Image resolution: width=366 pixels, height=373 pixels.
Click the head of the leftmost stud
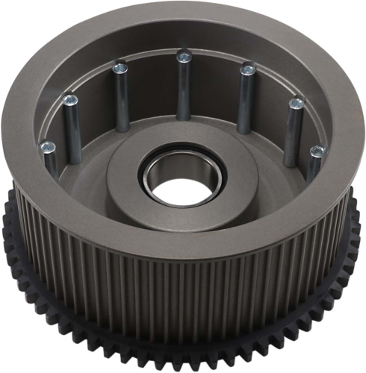pos(48,147)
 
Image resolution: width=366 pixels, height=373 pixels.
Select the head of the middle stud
pos(183,55)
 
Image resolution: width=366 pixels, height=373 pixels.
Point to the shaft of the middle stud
pos(183,90)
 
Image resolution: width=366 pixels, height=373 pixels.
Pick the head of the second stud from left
pos(70,98)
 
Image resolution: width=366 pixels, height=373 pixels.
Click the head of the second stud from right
pos(297,102)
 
